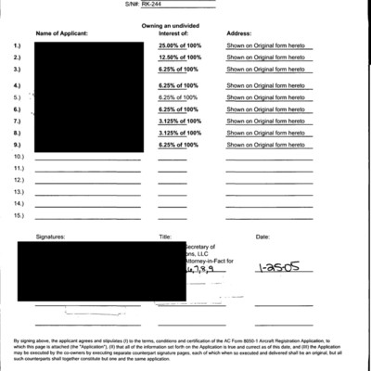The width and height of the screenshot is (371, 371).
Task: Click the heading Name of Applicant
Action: click(x=61, y=33)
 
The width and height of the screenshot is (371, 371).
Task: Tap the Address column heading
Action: click(x=239, y=33)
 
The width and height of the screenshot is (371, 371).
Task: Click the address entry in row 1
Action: click(x=266, y=45)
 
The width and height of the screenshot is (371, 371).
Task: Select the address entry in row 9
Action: click(x=266, y=146)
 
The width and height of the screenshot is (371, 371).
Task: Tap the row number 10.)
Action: click(x=19, y=159)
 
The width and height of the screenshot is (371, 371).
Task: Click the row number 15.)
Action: click(x=19, y=215)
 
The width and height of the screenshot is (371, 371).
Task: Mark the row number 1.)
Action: click(x=18, y=45)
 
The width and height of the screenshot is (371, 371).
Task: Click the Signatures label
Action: click(x=52, y=237)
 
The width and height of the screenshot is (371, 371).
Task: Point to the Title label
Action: click(x=165, y=237)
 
